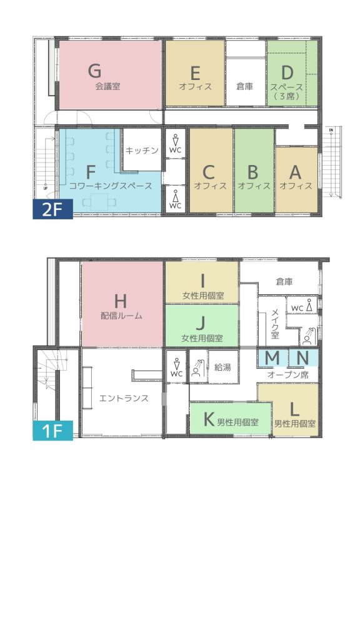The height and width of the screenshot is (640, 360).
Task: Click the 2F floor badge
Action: (52, 209)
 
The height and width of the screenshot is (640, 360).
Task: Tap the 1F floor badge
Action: (52, 431)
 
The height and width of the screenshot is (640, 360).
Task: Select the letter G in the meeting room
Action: (95, 71)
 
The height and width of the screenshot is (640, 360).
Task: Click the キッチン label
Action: (142, 151)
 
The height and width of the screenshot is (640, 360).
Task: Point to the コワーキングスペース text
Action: (111, 186)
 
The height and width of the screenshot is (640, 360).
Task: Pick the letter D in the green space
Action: (287, 72)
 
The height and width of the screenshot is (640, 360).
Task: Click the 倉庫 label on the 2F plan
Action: (245, 86)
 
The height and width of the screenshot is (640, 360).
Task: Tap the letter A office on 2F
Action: (295, 172)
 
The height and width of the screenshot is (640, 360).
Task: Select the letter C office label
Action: (208, 172)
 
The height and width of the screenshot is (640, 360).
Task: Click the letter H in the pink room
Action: (121, 301)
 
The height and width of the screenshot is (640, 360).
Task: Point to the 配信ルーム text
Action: (122, 316)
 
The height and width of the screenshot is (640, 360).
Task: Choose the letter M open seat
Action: (272, 358)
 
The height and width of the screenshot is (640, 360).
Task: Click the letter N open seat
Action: (302, 358)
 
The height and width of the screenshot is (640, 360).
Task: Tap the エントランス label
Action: (124, 398)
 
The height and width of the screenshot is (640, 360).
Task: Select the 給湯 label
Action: (223, 367)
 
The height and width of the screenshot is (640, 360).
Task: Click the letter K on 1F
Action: (209, 419)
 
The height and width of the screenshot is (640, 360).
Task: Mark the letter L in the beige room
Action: (294, 408)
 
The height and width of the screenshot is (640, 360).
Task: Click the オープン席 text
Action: (288, 376)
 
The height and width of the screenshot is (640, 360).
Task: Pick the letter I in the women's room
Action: (202, 281)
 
